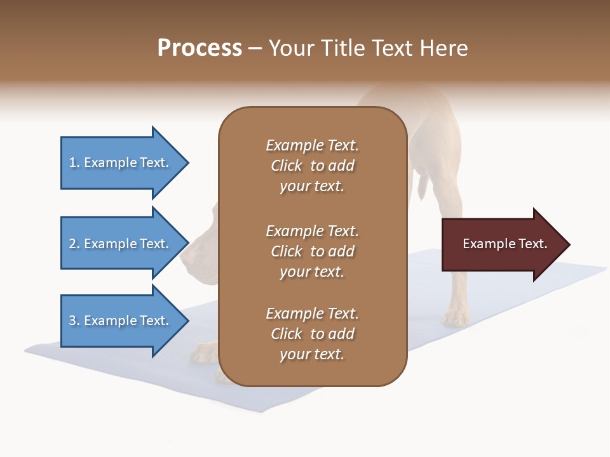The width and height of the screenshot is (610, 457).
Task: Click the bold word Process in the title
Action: tap(200, 48)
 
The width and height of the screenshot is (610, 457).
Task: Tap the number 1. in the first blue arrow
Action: tap(74, 162)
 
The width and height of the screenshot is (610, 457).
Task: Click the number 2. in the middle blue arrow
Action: tap(74, 244)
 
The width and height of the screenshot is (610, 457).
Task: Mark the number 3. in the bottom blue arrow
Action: tap(74, 321)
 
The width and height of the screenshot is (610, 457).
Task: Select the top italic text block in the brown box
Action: tap(312, 166)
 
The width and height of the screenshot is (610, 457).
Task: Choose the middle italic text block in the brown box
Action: tap(312, 251)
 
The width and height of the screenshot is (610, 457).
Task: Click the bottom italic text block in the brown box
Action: tap(312, 334)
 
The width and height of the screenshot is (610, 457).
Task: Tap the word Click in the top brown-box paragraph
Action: tap(287, 166)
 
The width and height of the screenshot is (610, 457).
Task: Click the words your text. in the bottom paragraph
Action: tap(312, 354)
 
